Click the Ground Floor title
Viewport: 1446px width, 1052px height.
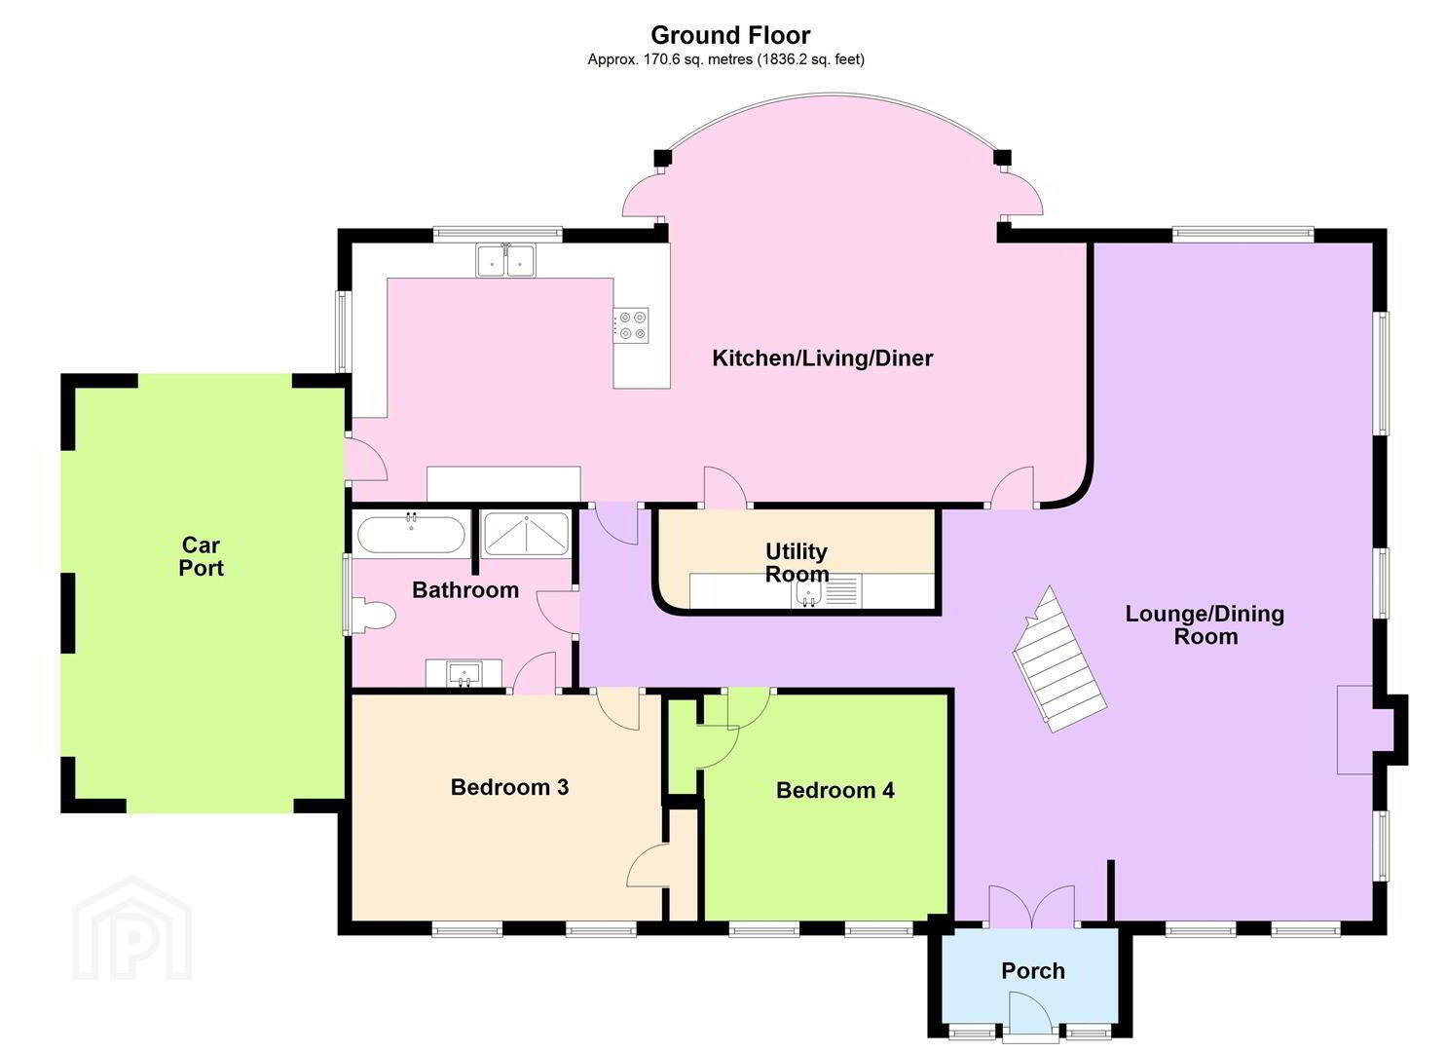(730, 35)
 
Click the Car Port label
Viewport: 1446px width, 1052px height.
(202, 556)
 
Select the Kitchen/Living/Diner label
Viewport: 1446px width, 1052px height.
(823, 358)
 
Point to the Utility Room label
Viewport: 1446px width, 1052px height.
(797, 563)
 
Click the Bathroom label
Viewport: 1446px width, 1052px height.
(465, 590)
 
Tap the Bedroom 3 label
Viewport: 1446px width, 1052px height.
(509, 787)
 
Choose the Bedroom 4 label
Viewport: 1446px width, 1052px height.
(835, 790)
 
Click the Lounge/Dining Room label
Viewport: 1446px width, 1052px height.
(1205, 625)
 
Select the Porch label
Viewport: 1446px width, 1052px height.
(1033, 971)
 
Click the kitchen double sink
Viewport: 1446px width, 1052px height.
(506, 260)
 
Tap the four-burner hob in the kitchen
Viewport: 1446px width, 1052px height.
(631, 325)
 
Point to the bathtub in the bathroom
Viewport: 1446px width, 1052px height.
(411, 534)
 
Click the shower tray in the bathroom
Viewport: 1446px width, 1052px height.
(526, 534)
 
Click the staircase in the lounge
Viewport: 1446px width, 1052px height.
(1059, 659)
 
